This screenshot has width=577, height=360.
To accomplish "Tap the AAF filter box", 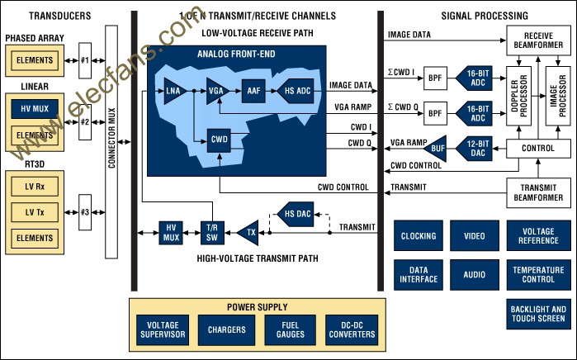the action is pyautogui.click(x=253, y=91).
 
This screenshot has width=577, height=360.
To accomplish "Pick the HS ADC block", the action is pyautogui.click(x=296, y=91).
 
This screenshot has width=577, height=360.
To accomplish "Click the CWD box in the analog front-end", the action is pyautogui.click(x=219, y=140).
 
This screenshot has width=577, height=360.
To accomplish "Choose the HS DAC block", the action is pyautogui.click(x=296, y=214).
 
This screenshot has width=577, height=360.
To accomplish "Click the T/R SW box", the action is pyautogui.click(x=212, y=233).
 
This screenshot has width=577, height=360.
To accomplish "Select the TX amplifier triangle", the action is pyautogui.click(x=248, y=233).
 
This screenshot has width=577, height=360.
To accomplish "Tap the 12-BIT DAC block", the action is pyautogui.click(x=475, y=149).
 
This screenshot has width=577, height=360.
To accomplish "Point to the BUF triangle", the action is pyautogui.click(x=437, y=149).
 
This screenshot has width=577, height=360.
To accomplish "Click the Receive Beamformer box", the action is pyautogui.click(x=538, y=40).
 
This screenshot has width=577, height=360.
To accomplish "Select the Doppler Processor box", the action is pyautogui.click(x=519, y=96).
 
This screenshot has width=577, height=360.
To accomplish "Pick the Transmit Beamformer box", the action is pyautogui.click(x=538, y=193).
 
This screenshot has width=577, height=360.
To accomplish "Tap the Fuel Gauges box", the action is pyautogui.click(x=290, y=329).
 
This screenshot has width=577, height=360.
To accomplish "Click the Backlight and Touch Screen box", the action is pyautogui.click(x=538, y=314).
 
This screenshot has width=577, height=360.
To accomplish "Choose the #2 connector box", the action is pyautogui.click(x=85, y=122).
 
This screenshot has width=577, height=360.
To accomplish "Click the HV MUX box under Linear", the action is pyautogui.click(x=35, y=109).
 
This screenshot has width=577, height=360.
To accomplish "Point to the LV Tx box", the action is pyautogui.click(x=35, y=212).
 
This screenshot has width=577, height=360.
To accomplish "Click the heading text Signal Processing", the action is pyautogui.click(x=485, y=16).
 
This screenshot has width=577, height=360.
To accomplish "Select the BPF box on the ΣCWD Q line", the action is pyautogui.click(x=435, y=113).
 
